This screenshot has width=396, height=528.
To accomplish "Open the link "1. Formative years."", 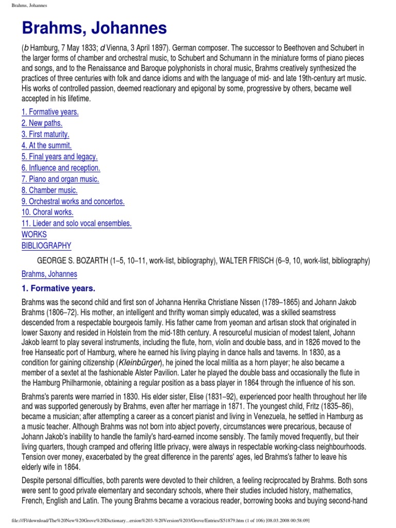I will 50,112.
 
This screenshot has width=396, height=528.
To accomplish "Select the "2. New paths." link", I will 42,123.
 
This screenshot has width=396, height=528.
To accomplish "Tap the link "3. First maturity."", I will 45,135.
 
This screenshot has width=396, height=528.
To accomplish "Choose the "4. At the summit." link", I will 46,145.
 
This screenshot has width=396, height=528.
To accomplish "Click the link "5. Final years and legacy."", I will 59,157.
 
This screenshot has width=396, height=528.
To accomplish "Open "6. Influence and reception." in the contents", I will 61,168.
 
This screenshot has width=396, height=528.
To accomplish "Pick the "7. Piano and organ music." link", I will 60,179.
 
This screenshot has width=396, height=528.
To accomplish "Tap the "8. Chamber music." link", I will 48,190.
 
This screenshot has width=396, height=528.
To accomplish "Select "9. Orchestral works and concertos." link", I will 73,201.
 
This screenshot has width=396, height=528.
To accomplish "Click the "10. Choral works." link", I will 47,212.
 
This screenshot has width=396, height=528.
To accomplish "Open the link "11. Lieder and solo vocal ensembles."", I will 76,223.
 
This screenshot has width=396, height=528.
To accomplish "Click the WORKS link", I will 34,235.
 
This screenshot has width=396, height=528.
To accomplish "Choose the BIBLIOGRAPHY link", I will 46,246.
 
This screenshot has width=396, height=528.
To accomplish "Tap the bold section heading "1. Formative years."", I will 58,288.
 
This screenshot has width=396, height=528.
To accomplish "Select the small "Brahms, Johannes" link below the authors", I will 49,274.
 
